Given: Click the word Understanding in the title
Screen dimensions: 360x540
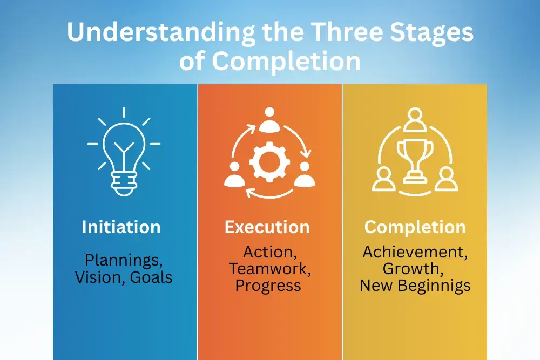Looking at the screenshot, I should tap(159, 34).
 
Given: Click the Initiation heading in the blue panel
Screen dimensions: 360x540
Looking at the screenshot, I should tap(121, 227).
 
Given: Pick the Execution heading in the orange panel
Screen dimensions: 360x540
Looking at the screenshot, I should tap(267, 227).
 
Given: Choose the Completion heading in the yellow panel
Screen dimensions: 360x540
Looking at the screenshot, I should tap(415, 227).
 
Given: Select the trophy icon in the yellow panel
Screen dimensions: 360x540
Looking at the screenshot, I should tap(415, 160).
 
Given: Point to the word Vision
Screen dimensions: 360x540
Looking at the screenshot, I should tap(99, 277).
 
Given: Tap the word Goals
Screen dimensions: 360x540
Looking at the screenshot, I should tap(151, 277).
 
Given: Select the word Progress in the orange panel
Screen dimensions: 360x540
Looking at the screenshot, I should tap(268, 285).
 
